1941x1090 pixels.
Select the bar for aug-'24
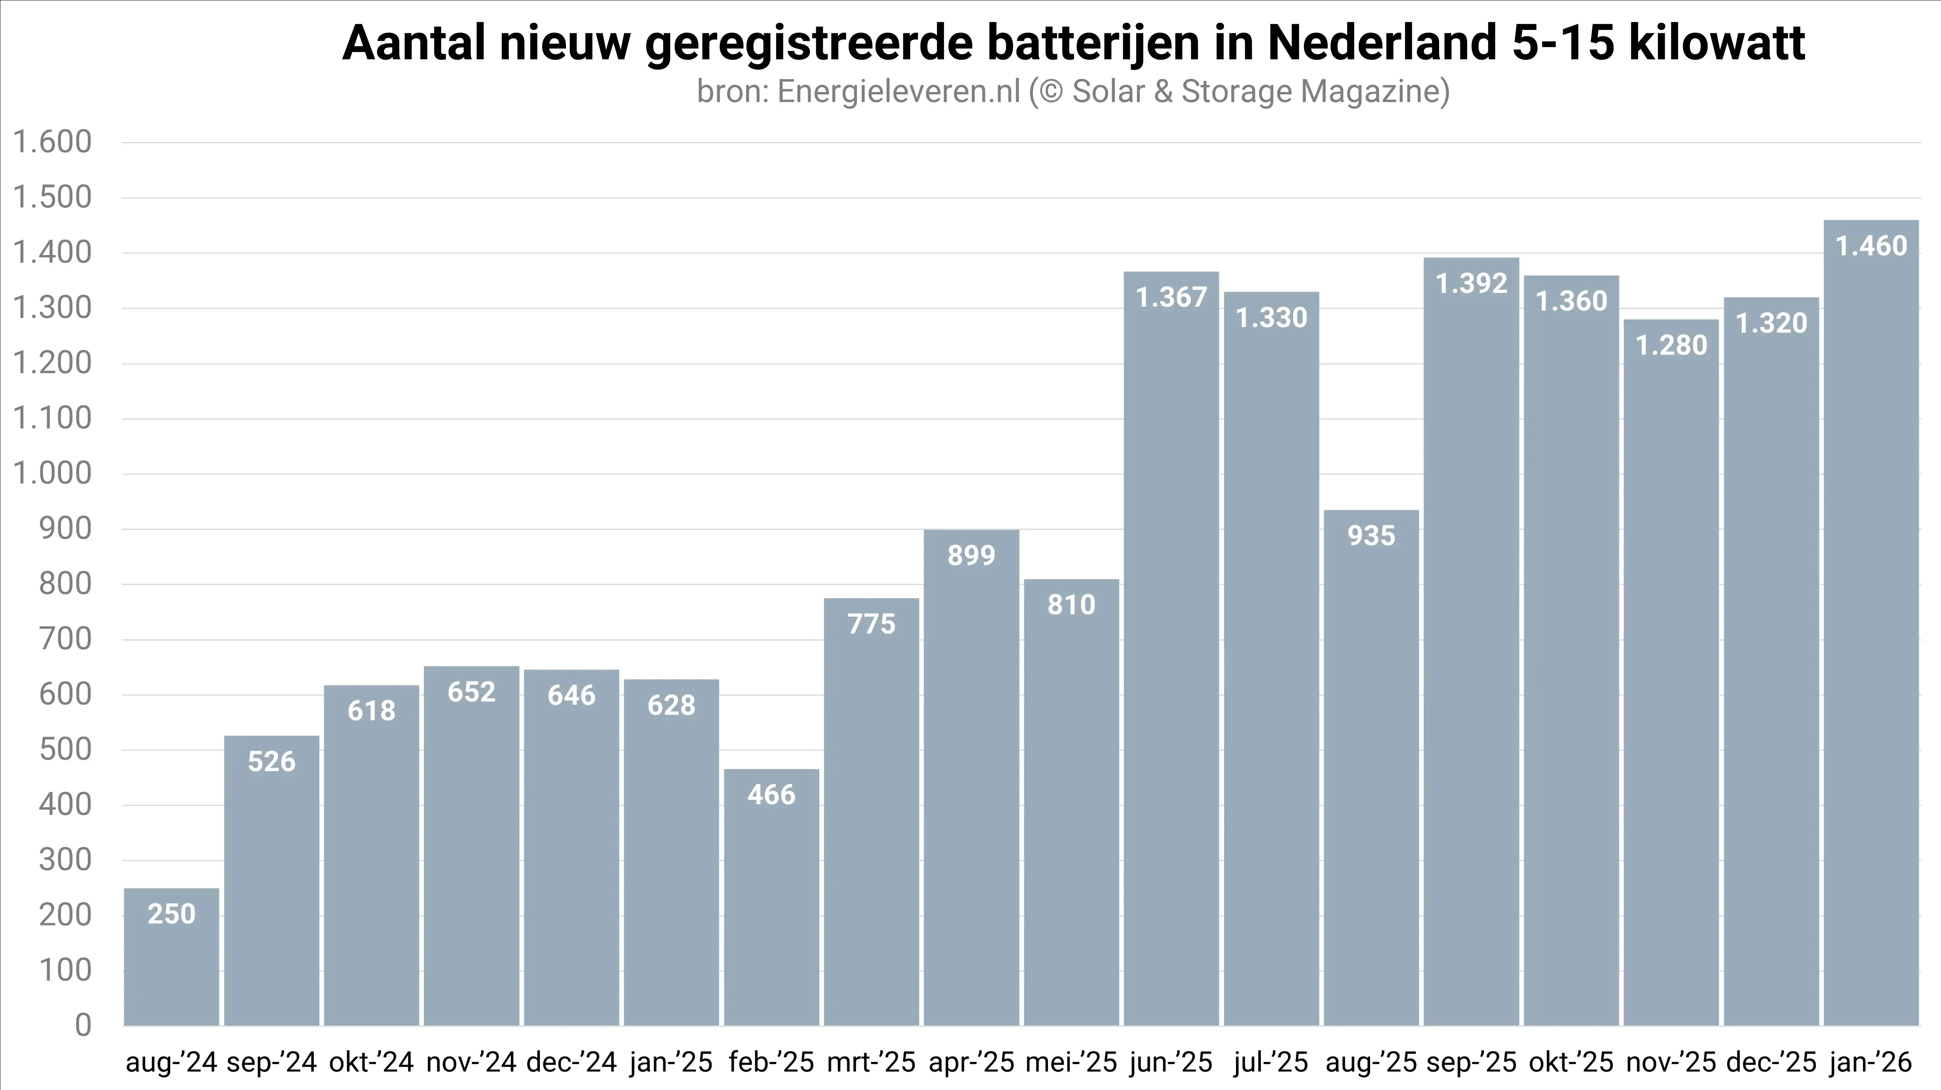point(172,957)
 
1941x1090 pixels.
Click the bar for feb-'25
point(771,896)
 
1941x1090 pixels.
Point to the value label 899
point(971,555)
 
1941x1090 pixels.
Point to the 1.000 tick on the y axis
point(53,474)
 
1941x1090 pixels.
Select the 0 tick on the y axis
point(83,1025)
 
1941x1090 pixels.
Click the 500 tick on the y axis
point(65,749)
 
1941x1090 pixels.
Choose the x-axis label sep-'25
point(1471,1062)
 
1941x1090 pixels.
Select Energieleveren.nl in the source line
point(898,92)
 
